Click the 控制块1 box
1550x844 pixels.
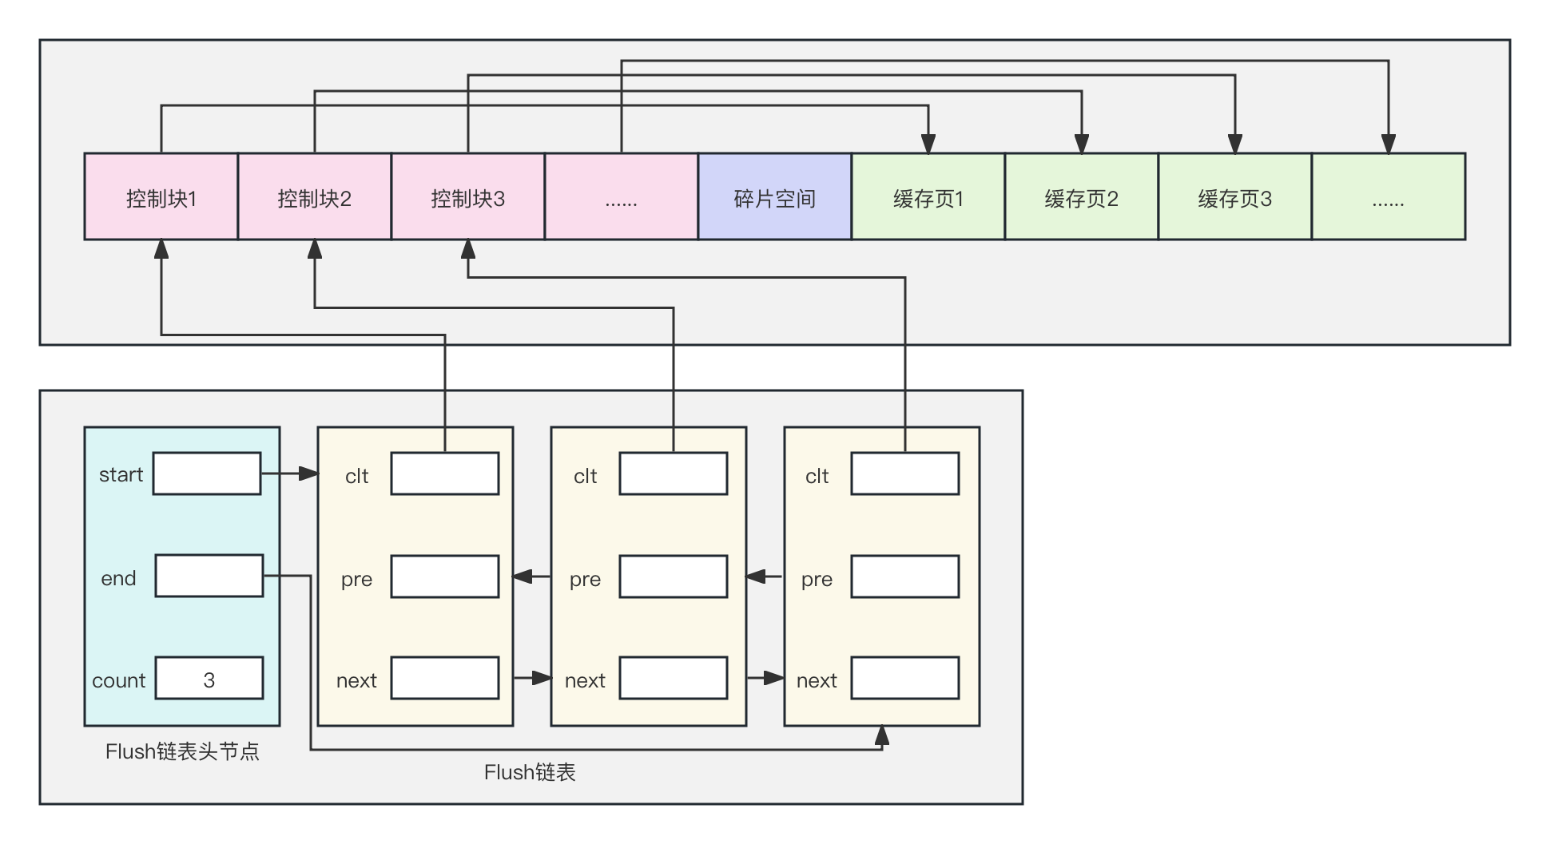coord(161,196)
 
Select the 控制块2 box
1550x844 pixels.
coord(315,196)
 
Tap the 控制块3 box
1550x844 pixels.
coord(468,196)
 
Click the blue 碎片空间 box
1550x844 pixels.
coord(774,196)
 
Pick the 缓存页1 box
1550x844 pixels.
coord(928,196)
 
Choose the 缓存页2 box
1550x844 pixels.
coord(1081,196)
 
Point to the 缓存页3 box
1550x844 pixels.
coord(1234,196)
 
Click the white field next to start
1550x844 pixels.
coord(207,474)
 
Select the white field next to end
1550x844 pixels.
coord(209,576)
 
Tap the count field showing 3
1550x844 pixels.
coord(209,678)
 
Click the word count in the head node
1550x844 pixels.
coord(118,680)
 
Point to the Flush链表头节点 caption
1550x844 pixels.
coord(182,751)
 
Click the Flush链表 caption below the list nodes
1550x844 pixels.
coord(530,772)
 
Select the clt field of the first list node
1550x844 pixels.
coord(445,474)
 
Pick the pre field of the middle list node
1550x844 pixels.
coord(674,577)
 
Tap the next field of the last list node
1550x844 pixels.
coord(904,678)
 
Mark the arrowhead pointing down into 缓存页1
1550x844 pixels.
coord(928,144)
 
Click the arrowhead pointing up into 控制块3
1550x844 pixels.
coord(468,249)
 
